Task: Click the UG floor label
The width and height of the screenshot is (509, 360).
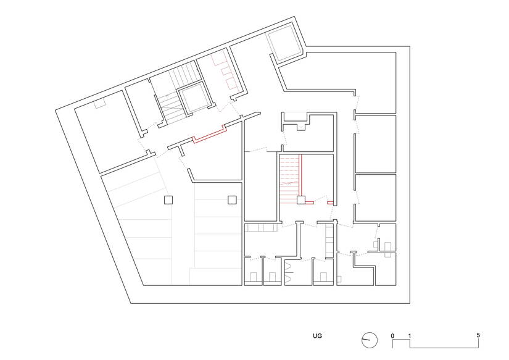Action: click(x=317, y=337)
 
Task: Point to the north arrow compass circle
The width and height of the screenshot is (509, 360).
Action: click(x=369, y=339)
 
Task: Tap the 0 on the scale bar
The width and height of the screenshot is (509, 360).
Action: click(x=392, y=335)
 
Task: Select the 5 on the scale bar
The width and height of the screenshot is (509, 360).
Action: click(x=478, y=335)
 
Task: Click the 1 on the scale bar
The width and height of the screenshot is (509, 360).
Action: click(x=410, y=335)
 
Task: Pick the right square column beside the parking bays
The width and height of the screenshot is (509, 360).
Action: click(x=232, y=199)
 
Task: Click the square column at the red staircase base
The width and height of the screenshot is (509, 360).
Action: click(x=300, y=199)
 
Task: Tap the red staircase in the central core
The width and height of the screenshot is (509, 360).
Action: click(x=289, y=179)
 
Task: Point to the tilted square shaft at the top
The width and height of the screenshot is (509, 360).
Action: click(x=284, y=44)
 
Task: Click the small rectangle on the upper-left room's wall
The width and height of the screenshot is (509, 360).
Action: click(x=99, y=105)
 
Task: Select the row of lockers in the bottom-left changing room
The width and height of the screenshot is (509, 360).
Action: click(x=262, y=228)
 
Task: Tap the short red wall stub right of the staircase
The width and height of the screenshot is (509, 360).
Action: click(x=331, y=202)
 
